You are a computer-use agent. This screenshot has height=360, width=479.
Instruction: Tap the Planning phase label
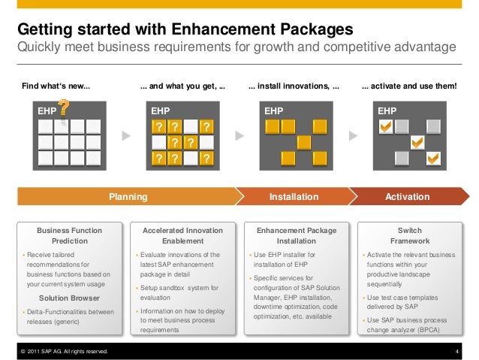point(128,197)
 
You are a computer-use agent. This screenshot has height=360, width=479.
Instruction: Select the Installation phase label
point(294,197)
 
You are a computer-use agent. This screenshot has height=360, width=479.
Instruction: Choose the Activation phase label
point(407,197)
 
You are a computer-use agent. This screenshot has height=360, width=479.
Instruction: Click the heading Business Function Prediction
point(70,235)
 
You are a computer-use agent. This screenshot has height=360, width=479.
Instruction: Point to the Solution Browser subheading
point(69,298)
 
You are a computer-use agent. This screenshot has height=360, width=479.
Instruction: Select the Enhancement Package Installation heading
point(297,235)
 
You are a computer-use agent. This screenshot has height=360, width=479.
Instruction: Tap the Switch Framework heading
point(409,235)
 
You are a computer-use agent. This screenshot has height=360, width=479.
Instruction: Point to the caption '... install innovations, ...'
point(294,87)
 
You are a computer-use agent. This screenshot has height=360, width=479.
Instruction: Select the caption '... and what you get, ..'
point(182,87)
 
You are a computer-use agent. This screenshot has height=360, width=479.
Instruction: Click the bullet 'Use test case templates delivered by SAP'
point(409,303)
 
